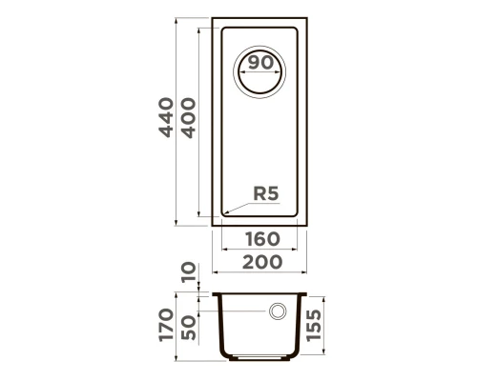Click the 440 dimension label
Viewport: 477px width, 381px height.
coord(166,117)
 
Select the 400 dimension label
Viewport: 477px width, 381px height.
coord(188,118)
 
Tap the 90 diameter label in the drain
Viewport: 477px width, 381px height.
coord(260,63)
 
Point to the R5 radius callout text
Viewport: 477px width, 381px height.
coord(266,193)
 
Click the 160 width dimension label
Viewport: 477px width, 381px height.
coord(262,239)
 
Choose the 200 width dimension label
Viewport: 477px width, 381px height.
coord(262,262)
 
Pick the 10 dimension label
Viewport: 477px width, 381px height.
coord(188,272)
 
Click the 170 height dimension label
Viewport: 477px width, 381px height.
coord(166,325)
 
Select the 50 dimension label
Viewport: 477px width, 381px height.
coord(188,328)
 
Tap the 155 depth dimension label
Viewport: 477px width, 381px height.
coord(314,325)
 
